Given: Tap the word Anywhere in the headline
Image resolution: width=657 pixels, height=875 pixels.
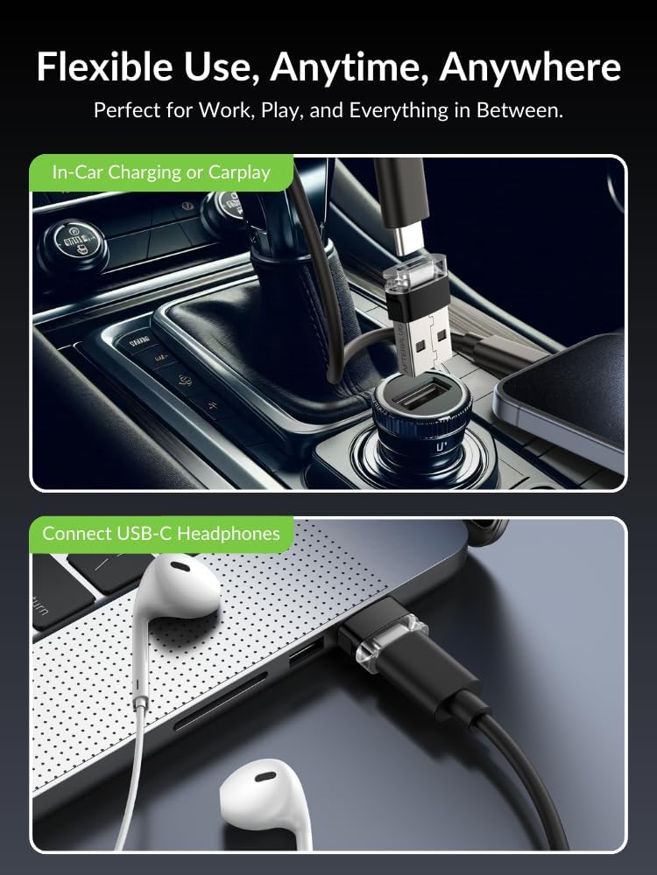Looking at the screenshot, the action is pos(530,67).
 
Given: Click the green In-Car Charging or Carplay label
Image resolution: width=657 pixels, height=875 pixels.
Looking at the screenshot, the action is pos(161,172).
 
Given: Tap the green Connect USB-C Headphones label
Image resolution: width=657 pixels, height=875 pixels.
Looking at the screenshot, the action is pos(161,534).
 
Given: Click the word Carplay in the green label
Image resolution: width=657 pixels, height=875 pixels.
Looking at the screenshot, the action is pos(239,173).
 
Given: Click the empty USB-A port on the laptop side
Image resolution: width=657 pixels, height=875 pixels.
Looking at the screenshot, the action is pos(307,653).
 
